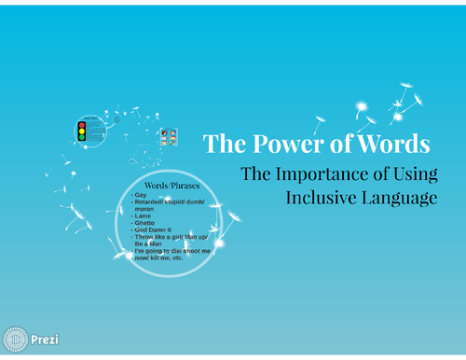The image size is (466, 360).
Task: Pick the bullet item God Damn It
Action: [x=154, y=230]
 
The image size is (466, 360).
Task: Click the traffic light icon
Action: [x=81, y=132]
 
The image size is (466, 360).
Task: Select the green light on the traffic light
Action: [x=81, y=138]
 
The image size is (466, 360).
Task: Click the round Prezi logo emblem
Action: [x=15, y=339]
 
